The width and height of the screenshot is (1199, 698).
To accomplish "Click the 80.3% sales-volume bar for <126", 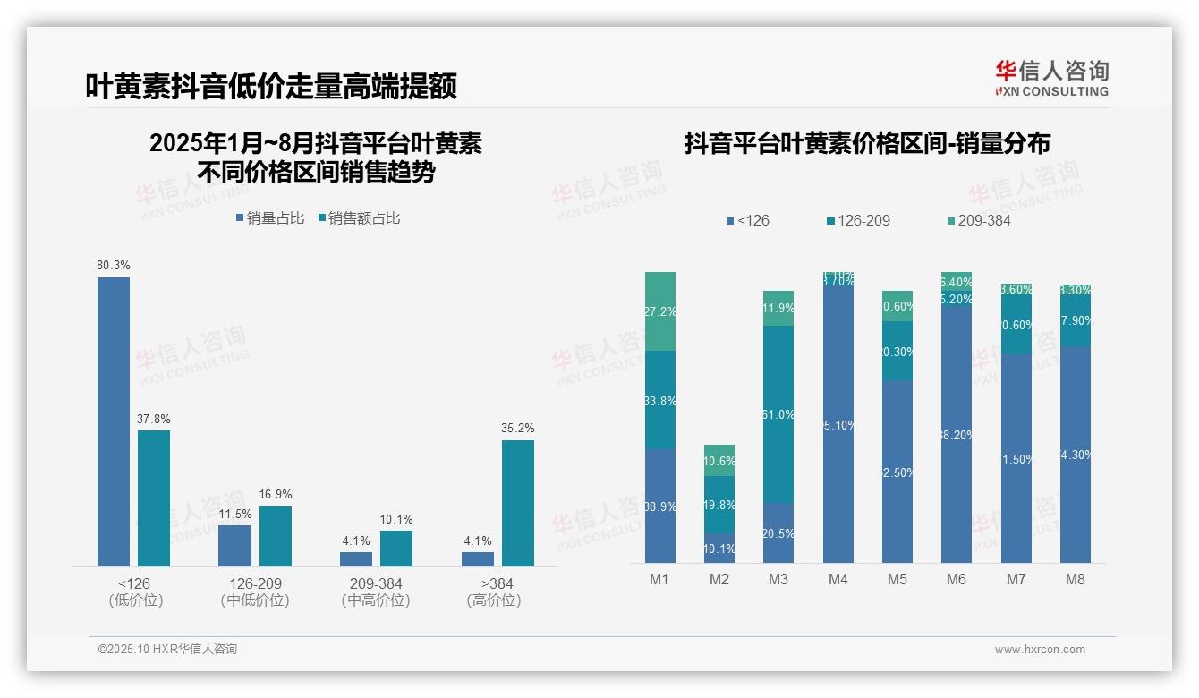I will click(x=114, y=421).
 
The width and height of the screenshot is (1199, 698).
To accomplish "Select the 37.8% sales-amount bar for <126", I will click(x=154, y=498).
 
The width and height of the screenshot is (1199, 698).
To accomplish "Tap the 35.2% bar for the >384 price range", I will click(x=518, y=503).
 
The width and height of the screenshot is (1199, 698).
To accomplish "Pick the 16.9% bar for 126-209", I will click(x=276, y=536).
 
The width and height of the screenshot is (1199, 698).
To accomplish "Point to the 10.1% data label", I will click(x=396, y=520).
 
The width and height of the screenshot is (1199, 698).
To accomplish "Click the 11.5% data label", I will click(x=234, y=515).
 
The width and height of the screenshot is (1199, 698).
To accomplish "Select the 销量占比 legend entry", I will click(x=270, y=218).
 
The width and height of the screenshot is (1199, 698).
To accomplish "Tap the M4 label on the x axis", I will click(x=838, y=579).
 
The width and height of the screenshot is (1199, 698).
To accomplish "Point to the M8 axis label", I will click(x=1076, y=579).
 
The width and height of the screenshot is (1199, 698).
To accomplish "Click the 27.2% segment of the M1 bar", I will click(x=660, y=311).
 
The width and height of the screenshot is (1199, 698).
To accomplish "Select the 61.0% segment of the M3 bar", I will click(x=778, y=413).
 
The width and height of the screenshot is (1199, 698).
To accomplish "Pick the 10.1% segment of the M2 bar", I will click(x=719, y=549).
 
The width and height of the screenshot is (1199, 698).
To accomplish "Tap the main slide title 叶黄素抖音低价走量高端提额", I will click(x=271, y=86).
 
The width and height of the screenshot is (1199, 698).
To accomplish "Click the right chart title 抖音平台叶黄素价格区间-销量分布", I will click(x=867, y=143).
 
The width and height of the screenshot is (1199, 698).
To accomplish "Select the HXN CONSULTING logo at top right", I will click(x=1052, y=79).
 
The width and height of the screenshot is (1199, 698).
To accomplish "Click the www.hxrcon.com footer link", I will click(x=1040, y=650).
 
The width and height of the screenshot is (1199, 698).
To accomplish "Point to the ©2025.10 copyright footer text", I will click(x=167, y=649).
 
